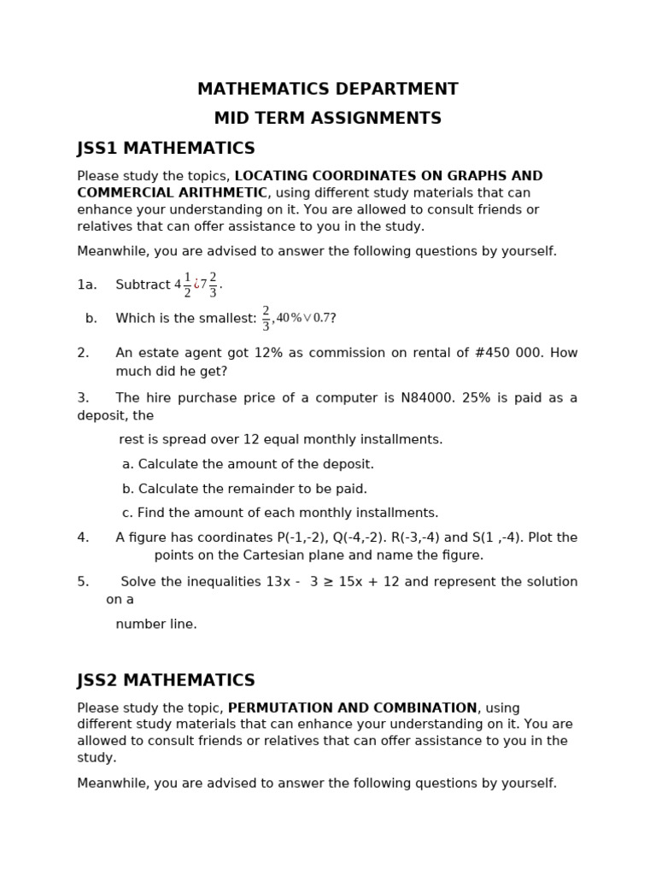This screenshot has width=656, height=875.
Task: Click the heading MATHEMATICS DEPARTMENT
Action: point(327,90)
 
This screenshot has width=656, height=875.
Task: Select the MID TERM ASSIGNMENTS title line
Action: point(327,119)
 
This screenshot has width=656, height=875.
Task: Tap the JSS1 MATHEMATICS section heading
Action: point(166,149)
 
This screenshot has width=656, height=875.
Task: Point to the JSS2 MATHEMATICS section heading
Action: point(166,681)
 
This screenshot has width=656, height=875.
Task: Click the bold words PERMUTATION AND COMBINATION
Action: point(352,708)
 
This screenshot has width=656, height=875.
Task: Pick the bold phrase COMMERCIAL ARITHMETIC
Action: point(172,193)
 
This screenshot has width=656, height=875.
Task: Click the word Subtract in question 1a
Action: point(143,285)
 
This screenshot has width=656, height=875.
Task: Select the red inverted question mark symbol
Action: point(196,285)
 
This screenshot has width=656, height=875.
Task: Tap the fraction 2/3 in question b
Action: point(266,319)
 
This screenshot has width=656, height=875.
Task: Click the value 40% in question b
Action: point(289,319)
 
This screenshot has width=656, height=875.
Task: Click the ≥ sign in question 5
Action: point(329,583)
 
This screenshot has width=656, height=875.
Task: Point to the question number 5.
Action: point(83,583)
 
